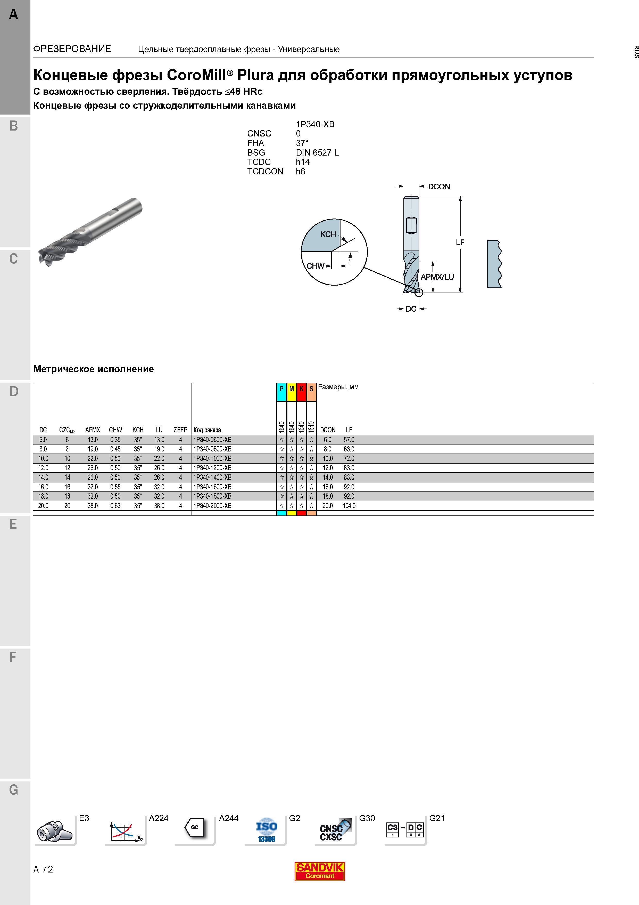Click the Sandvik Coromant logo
[320, 871]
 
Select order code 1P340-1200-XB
[212, 468]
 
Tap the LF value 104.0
[349, 506]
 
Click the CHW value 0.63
[115, 506]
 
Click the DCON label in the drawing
[439, 187]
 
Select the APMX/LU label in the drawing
[437, 277]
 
